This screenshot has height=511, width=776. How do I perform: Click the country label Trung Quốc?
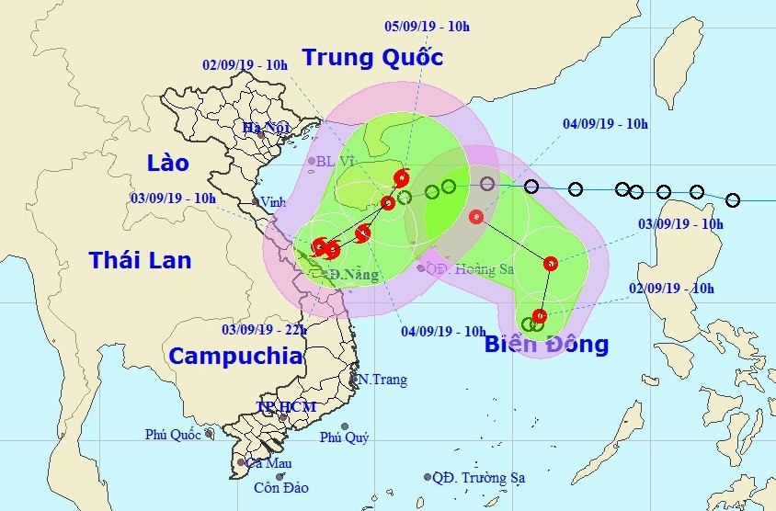(x=372, y=58)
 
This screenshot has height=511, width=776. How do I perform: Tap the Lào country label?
(x=167, y=164)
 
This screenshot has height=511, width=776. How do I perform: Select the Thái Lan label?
(x=140, y=260)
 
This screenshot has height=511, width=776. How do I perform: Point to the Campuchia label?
(x=235, y=356)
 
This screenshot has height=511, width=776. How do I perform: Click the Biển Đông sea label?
(x=546, y=345)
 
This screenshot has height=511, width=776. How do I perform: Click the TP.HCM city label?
(x=286, y=406)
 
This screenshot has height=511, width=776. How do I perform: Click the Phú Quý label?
(x=344, y=437)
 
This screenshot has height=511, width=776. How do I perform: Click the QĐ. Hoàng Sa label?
(x=469, y=268)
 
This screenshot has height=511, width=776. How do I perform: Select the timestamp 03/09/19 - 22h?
(x=266, y=329)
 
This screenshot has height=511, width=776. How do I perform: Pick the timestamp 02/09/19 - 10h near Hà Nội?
(x=245, y=64)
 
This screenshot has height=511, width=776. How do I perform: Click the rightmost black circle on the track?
(x=733, y=199)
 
